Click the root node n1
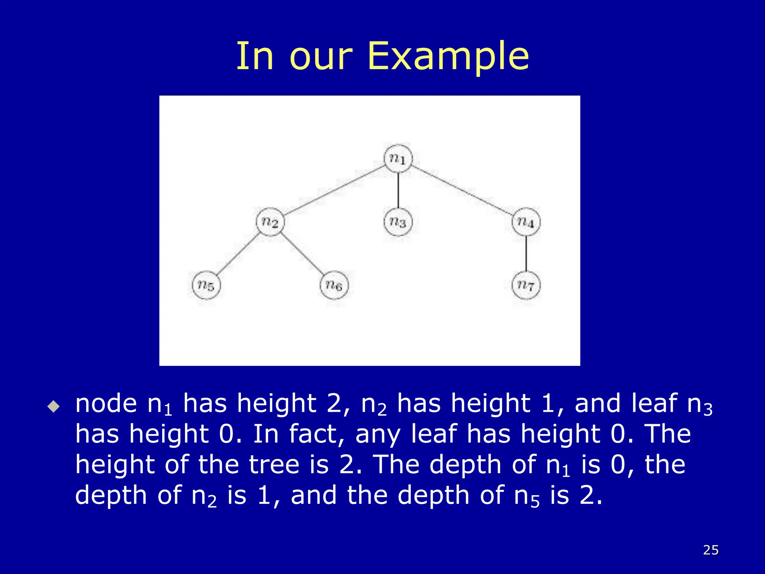pos(398,158)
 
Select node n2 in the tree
pos(270,222)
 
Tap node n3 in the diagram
pos(398,222)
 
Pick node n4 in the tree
pos(526,222)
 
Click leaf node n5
pos(206,285)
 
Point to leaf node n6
pos(334,285)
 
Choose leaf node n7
pos(526,285)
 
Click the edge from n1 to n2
pos(334,190)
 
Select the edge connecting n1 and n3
pos(398,190)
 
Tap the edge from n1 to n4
pos(462,190)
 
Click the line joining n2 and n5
pos(238,254)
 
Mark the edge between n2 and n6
pos(302,254)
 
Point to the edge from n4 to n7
pos(526,254)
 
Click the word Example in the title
pos(448,56)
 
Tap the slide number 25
pos(711,550)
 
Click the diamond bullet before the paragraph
pos(54,406)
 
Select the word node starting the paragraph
pos(106,404)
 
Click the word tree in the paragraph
pos(274,465)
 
